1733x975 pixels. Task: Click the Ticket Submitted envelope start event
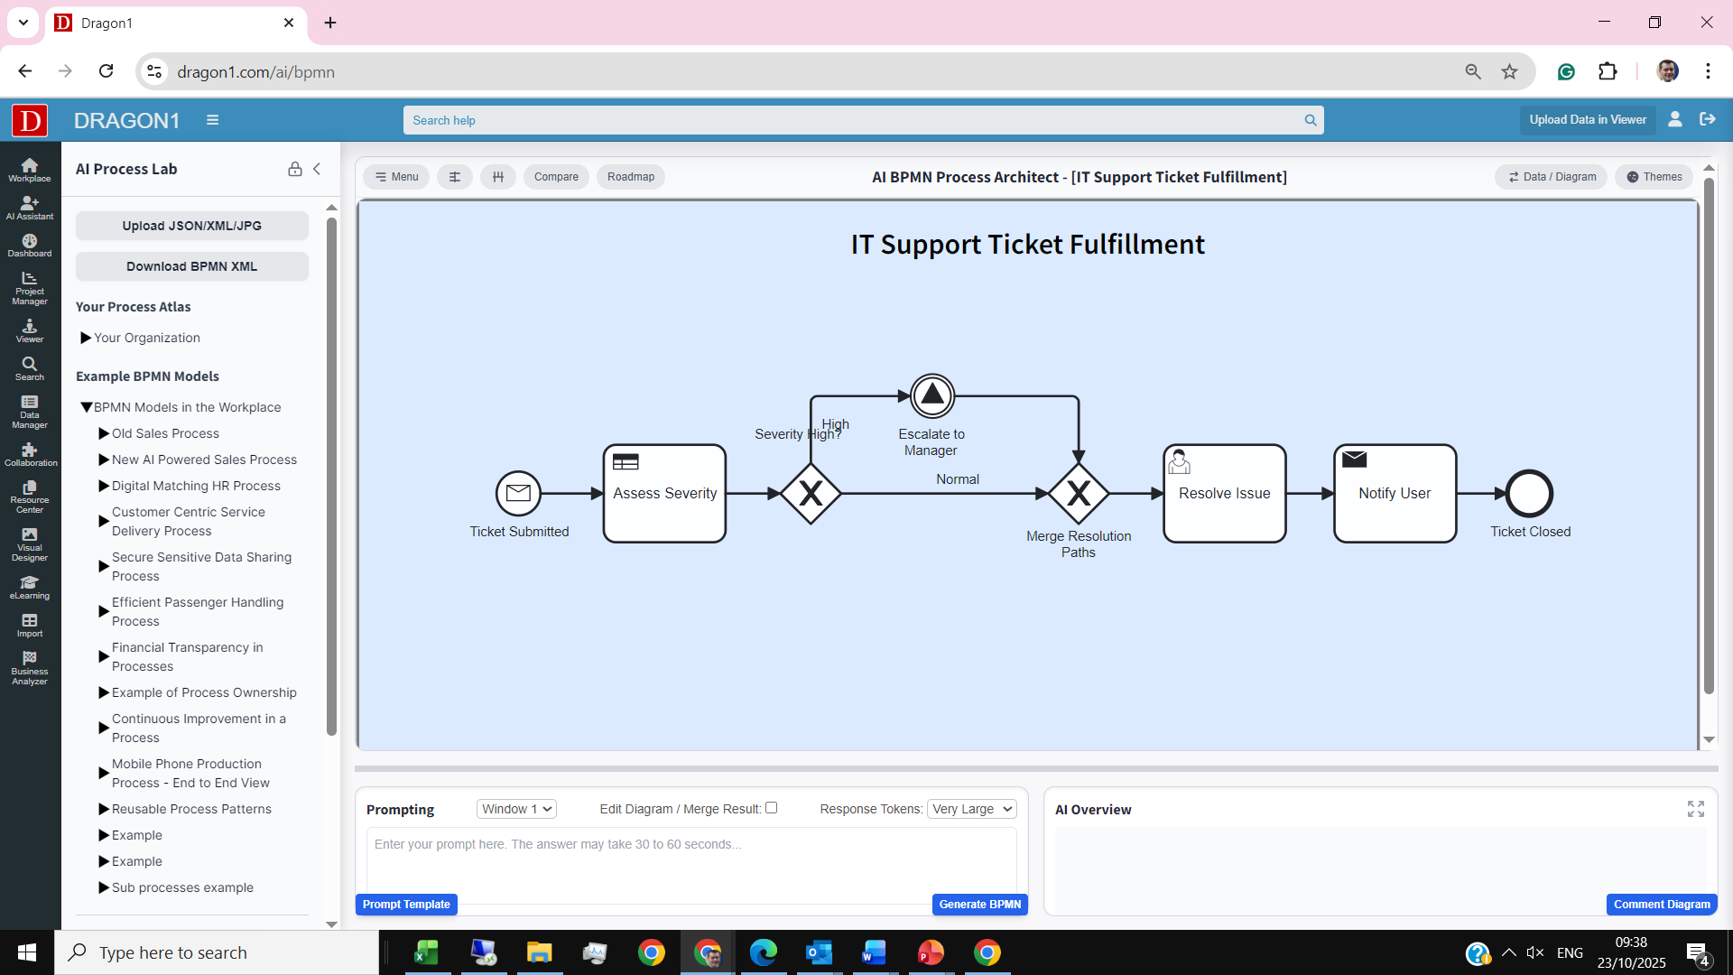tap(518, 493)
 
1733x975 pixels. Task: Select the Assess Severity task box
tap(664, 493)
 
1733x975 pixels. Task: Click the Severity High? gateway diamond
tap(811, 494)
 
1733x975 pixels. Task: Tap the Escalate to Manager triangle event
tap(932, 395)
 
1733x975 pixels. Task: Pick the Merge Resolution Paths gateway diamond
tap(1079, 494)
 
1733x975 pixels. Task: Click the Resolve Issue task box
tap(1224, 493)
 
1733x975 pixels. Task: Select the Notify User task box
tap(1395, 493)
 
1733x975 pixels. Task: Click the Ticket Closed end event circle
tap(1530, 494)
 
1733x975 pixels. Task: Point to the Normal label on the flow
tap(958, 479)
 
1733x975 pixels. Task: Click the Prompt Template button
tap(406, 905)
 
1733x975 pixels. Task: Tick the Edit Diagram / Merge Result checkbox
tap(772, 808)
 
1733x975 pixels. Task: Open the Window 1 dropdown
tap(516, 809)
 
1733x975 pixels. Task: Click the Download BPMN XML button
tap(191, 266)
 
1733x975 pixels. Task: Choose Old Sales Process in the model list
tap(165, 433)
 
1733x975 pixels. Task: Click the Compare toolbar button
tap(556, 177)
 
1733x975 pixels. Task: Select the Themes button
tap(1654, 177)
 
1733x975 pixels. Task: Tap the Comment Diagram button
tap(1662, 905)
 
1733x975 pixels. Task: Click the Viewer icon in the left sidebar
tap(30, 330)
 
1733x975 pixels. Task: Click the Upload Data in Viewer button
tap(1588, 120)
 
